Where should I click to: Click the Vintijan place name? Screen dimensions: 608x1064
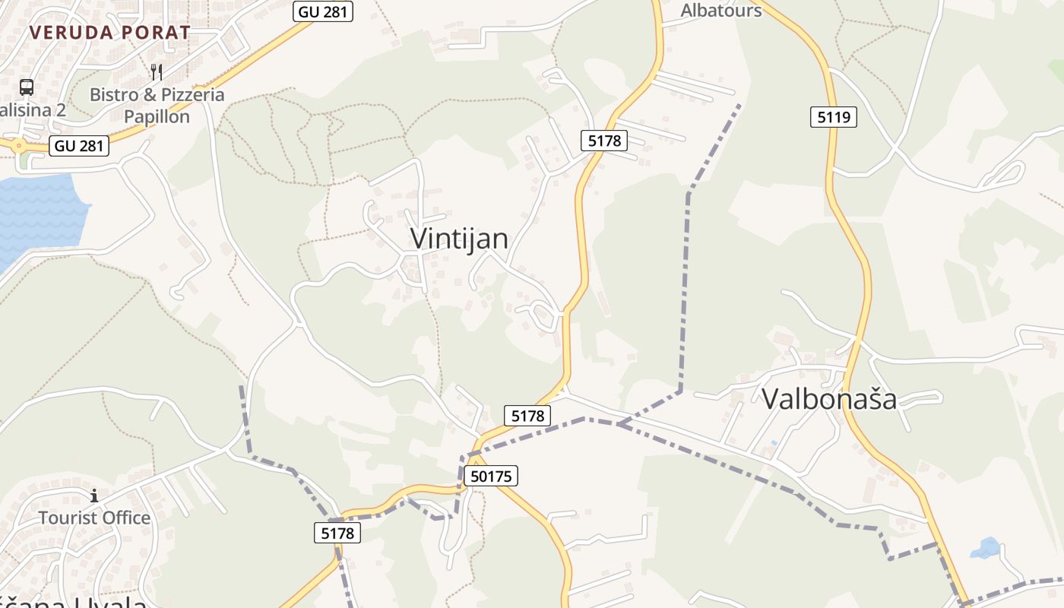click(x=459, y=239)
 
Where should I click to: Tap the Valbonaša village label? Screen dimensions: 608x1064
click(x=829, y=399)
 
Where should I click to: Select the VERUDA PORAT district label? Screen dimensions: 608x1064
click(x=110, y=33)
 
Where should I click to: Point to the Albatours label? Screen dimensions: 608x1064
click(x=721, y=10)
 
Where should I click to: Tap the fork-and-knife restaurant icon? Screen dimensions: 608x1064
click(x=157, y=72)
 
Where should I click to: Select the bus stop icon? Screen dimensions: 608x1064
click(x=27, y=87)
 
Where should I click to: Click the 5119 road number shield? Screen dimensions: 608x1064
click(x=833, y=117)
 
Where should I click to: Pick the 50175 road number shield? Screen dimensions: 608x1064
click(x=492, y=477)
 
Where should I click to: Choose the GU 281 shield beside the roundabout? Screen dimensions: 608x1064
click(x=79, y=146)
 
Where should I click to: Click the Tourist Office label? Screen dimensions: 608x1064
click(x=94, y=518)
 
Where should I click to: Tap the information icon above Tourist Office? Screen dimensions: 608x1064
click(x=94, y=496)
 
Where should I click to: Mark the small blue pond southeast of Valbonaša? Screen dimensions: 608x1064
click(x=986, y=547)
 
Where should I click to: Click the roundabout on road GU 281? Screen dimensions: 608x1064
click(x=17, y=144)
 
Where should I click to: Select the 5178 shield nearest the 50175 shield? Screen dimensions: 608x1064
click(x=527, y=416)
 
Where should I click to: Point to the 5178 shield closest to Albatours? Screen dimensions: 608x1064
click(x=605, y=140)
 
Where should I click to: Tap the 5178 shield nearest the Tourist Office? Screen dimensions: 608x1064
click(x=337, y=534)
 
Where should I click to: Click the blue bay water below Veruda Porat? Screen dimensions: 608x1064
click(x=38, y=213)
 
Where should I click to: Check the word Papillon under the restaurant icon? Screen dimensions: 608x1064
click(x=157, y=116)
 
